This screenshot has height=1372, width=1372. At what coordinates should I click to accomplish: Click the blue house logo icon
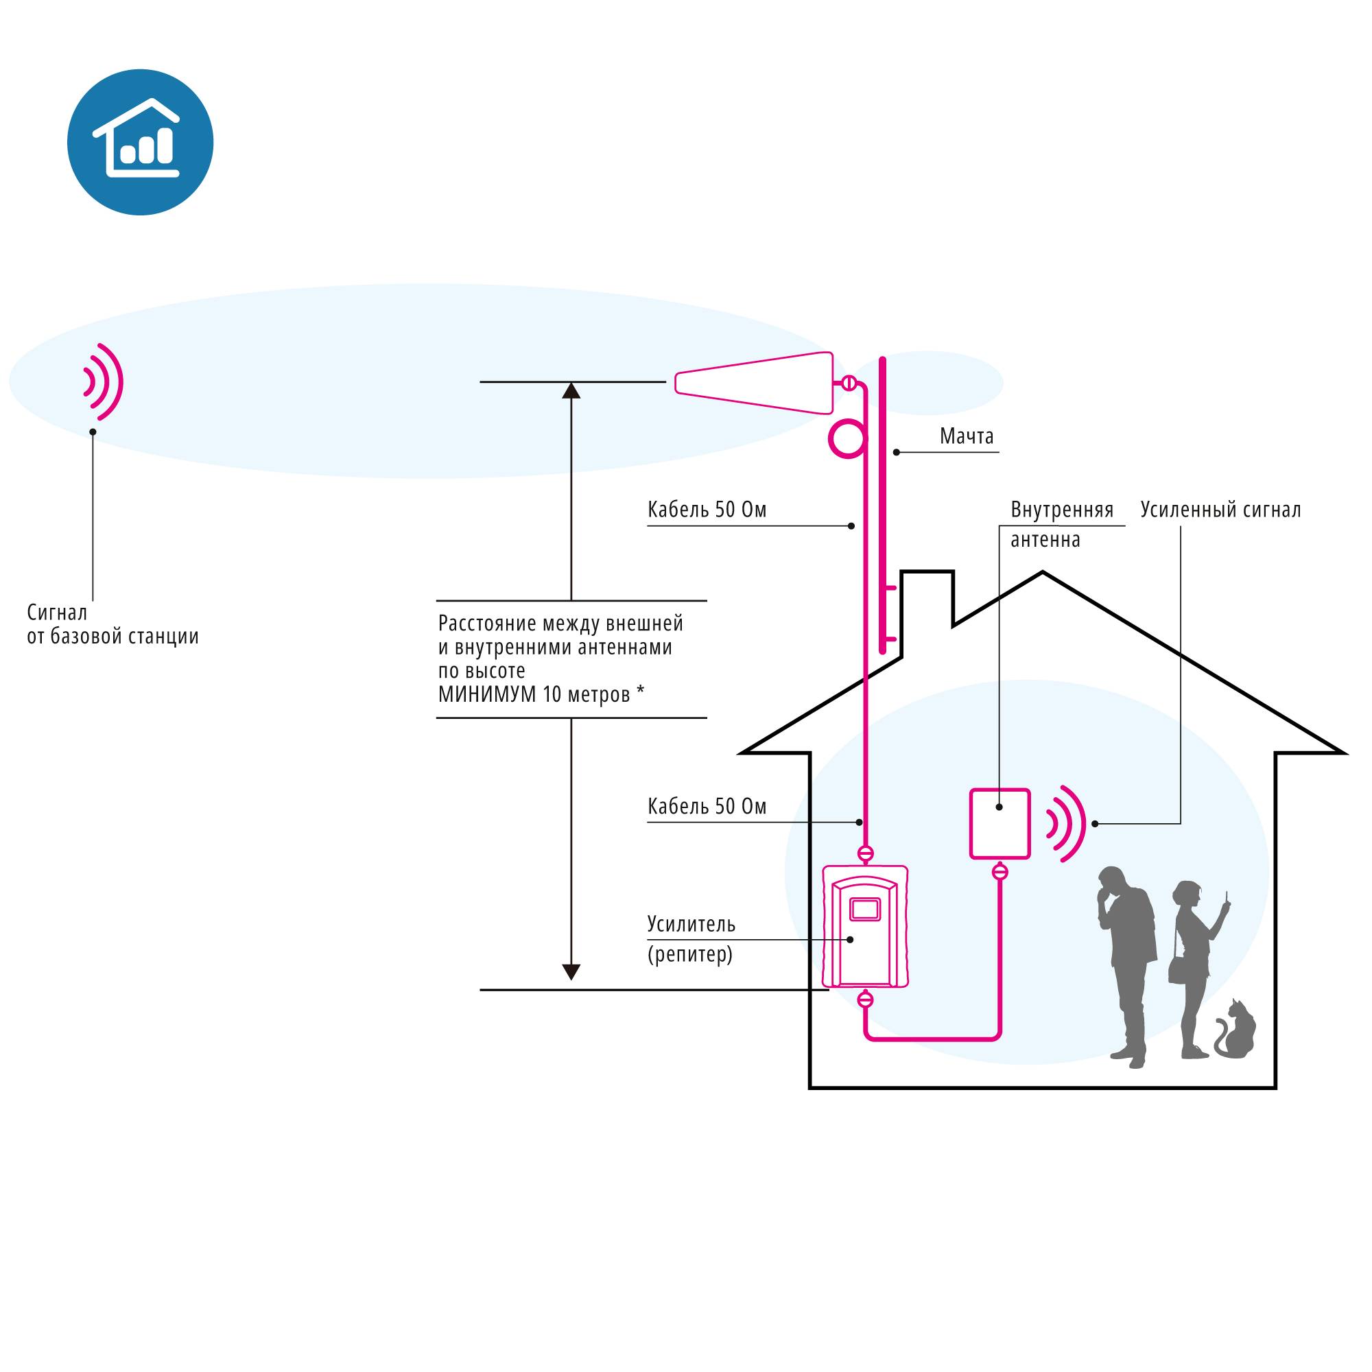pos(140,142)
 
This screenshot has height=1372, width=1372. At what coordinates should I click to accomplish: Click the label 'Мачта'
pos(966,436)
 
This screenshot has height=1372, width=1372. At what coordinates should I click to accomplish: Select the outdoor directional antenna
pos(754,383)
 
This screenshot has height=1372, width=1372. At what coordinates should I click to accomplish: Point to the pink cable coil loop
pos(847,440)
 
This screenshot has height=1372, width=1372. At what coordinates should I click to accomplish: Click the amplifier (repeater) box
pos(865,925)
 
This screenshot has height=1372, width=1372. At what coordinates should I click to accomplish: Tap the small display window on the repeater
pos(865,908)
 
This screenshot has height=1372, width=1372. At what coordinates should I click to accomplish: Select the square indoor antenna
pos(1000,824)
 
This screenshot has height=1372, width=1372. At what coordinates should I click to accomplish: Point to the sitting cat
pos(1235,1029)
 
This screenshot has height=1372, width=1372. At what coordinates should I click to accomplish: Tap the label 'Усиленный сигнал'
pos(1220,510)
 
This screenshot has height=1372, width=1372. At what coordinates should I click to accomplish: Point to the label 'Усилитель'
pos(691,924)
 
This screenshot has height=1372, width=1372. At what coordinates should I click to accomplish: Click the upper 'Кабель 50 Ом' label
pos(707,510)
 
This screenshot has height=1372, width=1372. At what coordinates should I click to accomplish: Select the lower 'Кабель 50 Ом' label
pos(707,806)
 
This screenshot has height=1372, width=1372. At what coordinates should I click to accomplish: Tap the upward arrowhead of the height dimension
pos(571,390)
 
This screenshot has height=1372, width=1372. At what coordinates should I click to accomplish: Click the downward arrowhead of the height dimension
pos(571,972)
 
